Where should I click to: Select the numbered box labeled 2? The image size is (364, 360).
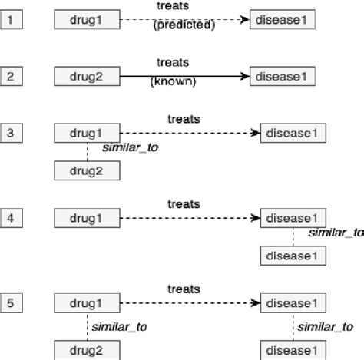(x=11, y=75)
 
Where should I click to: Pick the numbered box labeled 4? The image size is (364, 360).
(x=11, y=219)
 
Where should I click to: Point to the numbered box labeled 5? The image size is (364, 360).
(x=11, y=302)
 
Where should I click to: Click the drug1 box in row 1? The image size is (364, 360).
(x=87, y=18)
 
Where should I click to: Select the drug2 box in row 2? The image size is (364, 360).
(x=87, y=75)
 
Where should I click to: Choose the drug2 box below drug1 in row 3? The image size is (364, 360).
(x=87, y=170)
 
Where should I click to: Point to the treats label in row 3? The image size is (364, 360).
(x=184, y=120)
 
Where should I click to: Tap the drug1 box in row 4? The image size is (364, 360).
(x=87, y=219)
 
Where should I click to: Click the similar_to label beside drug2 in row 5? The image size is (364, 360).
(x=119, y=327)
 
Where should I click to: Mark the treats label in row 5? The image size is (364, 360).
(x=184, y=289)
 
